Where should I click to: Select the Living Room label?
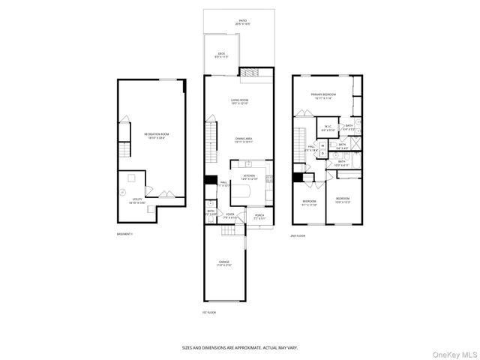(240, 100)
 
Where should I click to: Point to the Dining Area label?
(244, 139)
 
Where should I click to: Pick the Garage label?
(224, 263)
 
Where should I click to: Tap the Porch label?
(259, 217)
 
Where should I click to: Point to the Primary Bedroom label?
(324, 95)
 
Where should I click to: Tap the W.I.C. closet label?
(327, 128)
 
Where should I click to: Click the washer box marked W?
(322, 145)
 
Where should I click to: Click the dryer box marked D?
(322, 154)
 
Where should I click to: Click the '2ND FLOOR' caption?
(298, 235)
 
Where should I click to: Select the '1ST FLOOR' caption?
(209, 311)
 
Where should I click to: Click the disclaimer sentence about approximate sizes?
(240, 347)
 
